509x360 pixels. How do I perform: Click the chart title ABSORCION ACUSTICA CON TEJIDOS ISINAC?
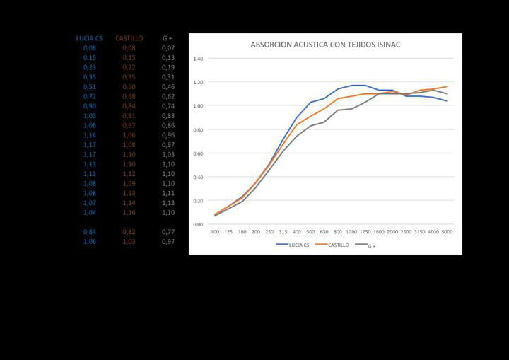click(326, 45)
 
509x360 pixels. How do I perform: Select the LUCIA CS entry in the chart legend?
click(292, 245)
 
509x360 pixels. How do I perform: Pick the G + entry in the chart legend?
click(368, 246)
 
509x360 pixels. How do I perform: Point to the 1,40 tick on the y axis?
click(198, 59)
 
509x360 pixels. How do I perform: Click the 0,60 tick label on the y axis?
click(198, 153)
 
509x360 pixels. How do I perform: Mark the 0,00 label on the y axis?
click(198, 225)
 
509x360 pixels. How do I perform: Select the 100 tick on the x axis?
click(215, 231)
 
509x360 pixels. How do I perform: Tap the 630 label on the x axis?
click(324, 231)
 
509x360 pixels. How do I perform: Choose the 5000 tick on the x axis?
click(447, 231)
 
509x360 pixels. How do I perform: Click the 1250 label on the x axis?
click(365, 231)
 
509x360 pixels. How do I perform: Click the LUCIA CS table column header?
click(90, 38)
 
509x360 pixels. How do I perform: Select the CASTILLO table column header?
click(129, 38)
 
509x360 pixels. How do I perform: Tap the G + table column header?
click(168, 38)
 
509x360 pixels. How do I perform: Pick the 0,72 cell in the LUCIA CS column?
click(90, 96)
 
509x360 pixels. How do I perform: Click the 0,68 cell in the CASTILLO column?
click(129, 96)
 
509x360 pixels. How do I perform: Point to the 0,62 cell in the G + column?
click(168, 96)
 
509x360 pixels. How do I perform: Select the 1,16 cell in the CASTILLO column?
click(129, 212)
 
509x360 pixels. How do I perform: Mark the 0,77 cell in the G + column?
click(168, 232)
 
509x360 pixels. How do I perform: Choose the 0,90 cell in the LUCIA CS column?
click(90, 106)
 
